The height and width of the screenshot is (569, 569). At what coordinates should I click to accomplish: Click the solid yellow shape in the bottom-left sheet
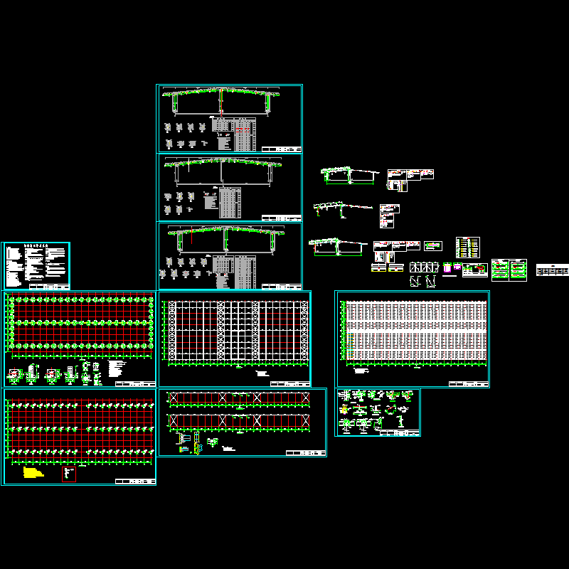point(32,472)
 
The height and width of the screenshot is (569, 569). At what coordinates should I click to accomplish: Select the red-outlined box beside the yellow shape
point(68,473)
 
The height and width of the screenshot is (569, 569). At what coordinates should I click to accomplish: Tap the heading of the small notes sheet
point(36,246)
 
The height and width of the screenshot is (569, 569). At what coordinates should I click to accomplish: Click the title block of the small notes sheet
point(56,286)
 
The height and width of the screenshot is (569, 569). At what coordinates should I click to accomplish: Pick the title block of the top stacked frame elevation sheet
point(281,149)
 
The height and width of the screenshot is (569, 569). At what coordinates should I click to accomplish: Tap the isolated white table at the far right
point(553,270)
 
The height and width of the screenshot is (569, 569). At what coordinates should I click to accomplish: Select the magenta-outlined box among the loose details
point(447,269)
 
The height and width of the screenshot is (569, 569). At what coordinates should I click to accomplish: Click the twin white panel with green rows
point(509,270)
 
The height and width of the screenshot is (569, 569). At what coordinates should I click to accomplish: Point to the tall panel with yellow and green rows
point(467,248)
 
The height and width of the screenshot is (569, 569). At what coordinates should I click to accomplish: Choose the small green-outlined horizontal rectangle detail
point(432,246)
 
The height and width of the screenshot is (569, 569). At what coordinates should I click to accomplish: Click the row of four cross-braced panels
point(424,267)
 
